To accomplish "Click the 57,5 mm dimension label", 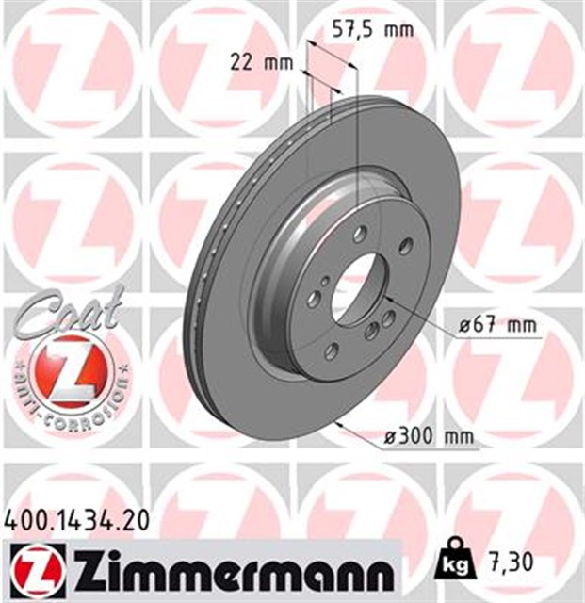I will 374,29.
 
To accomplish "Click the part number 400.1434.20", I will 72,517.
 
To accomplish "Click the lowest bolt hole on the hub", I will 332,351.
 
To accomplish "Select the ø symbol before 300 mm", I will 394,437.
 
